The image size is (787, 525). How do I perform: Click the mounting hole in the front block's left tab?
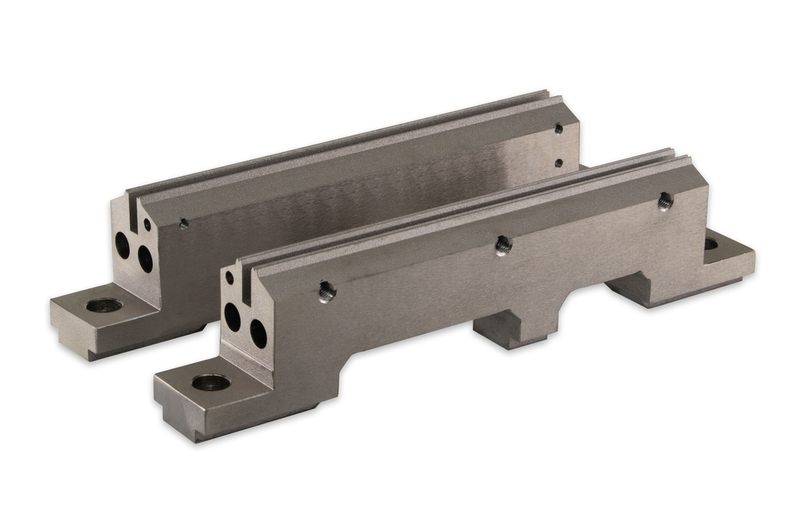point(211,382)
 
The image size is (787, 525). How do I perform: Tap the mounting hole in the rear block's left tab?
point(104,305)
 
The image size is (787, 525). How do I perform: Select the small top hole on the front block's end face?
point(229,278)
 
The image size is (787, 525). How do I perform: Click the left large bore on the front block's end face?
point(232,316)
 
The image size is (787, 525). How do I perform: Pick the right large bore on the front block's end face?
point(258,333)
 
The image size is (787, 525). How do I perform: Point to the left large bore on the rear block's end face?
point(122,244)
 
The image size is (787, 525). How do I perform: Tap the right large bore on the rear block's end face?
point(144,258)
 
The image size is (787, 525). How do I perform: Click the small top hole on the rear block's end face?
point(147,224)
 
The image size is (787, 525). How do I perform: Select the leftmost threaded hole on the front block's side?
point(327,291)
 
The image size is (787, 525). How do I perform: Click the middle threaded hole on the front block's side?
point(503,245)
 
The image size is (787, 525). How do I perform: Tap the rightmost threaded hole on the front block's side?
point(665,201)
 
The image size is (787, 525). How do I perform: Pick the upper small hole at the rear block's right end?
point(559,129)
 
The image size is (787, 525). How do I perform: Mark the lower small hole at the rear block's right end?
point(559,163)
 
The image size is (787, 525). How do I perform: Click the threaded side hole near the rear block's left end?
point(183,224)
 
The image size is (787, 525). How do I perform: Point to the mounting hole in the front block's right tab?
point(711,244)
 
